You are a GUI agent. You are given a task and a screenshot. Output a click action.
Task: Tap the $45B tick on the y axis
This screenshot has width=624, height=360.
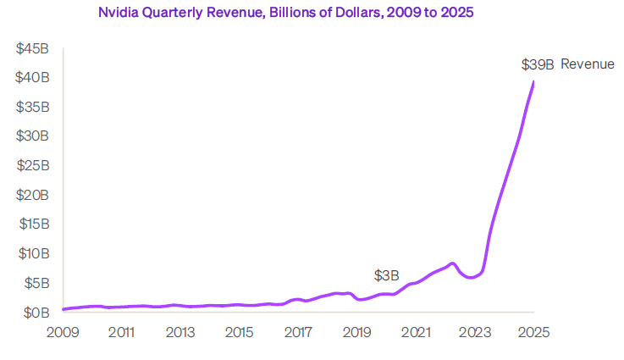[x=33, y=49]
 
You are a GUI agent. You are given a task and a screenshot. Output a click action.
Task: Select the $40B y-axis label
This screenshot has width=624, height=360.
[x=33, y=78]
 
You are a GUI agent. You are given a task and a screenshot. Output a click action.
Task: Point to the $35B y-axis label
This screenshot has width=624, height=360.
[x=33, y=108]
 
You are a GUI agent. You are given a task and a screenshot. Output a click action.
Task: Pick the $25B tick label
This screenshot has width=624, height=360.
[x=33, y=166]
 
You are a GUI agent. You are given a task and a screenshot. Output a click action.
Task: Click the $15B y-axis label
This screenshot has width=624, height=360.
[x=33, y=224]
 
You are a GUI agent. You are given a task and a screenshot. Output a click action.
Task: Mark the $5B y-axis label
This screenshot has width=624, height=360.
[x=36, y=283]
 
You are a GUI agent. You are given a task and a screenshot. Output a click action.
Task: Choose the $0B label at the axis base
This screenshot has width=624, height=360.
[x=36, y=313]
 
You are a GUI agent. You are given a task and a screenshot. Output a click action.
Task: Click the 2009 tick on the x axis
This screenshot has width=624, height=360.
[x=64, y=331]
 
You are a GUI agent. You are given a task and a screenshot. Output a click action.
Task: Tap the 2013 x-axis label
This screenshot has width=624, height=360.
[x=181, y=331]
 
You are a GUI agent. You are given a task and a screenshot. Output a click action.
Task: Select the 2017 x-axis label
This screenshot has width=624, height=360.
[x=299, y=331]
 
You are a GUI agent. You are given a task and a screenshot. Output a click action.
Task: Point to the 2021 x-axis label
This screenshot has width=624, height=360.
[x=416, y=331]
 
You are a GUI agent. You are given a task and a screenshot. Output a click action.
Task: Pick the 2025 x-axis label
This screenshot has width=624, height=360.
[x=533, y=331]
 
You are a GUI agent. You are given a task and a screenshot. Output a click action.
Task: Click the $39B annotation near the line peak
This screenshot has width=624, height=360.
[x=536, y=64]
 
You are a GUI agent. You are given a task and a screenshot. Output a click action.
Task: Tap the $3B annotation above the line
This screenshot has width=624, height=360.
[x=386, y=276]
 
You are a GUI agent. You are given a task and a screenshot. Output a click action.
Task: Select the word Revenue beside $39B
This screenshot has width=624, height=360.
[x=587, y=64]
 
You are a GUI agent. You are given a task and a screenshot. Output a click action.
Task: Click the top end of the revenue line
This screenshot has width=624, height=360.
[x=533, y=82]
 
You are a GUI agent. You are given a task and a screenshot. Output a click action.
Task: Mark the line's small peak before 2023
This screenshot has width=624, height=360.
[x=453, y=263]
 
